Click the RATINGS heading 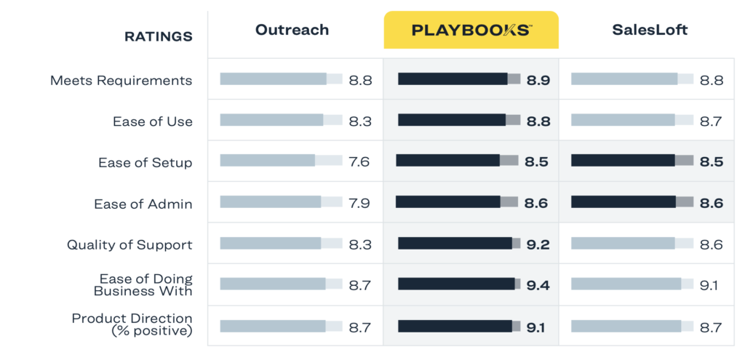(158, 36)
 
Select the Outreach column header (292, 30)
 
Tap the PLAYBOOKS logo (471, 30)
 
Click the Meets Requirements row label (121, 80)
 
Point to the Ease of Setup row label (146, 162)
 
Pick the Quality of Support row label (130, 244)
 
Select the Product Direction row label (132, 324)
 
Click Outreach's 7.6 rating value (359, 161)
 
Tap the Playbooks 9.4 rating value (538, 285)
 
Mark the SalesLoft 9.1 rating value (709, 285)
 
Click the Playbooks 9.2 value (538, 244)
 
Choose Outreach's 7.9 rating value (359, 203)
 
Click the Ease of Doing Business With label (143, 284)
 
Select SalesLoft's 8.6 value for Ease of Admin (711, 204)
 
